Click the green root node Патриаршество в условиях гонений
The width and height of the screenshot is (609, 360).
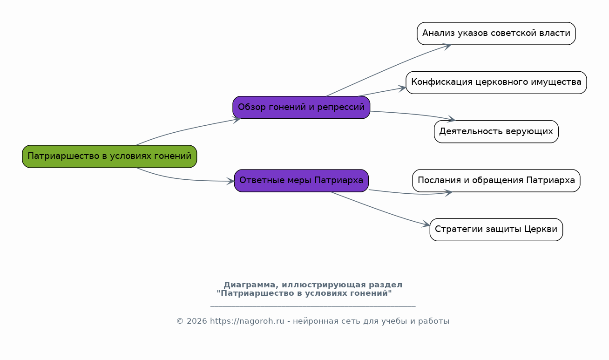point(109,156)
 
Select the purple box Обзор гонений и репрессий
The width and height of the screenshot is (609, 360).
point(301,108)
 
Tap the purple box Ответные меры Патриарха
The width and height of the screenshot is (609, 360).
point(301,181)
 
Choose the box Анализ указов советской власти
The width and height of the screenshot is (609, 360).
point(496,34)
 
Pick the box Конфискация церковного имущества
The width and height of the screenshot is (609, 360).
point(496,82)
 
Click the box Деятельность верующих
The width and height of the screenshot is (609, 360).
point(496,132)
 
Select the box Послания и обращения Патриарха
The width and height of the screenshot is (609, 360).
point(496,181)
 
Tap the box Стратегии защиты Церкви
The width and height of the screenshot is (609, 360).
point(496,230)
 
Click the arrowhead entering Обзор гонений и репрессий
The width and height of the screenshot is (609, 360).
point(237,120)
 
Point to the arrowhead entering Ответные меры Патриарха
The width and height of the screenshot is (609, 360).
point(230,181)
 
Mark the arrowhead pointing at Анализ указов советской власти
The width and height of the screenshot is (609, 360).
point(447,46)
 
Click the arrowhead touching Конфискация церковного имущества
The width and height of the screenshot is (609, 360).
point(402,88)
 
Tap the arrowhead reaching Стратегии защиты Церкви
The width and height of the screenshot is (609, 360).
point(426,224)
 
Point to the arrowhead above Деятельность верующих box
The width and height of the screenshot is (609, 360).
point(451,119)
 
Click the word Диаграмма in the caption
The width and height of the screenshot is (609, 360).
point(249,285)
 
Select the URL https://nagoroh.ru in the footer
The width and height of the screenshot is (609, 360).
point(247,321)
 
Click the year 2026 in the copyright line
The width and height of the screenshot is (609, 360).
point(197,321)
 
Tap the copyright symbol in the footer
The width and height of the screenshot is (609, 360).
point(180,321)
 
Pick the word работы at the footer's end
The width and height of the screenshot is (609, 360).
point(433,321)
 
